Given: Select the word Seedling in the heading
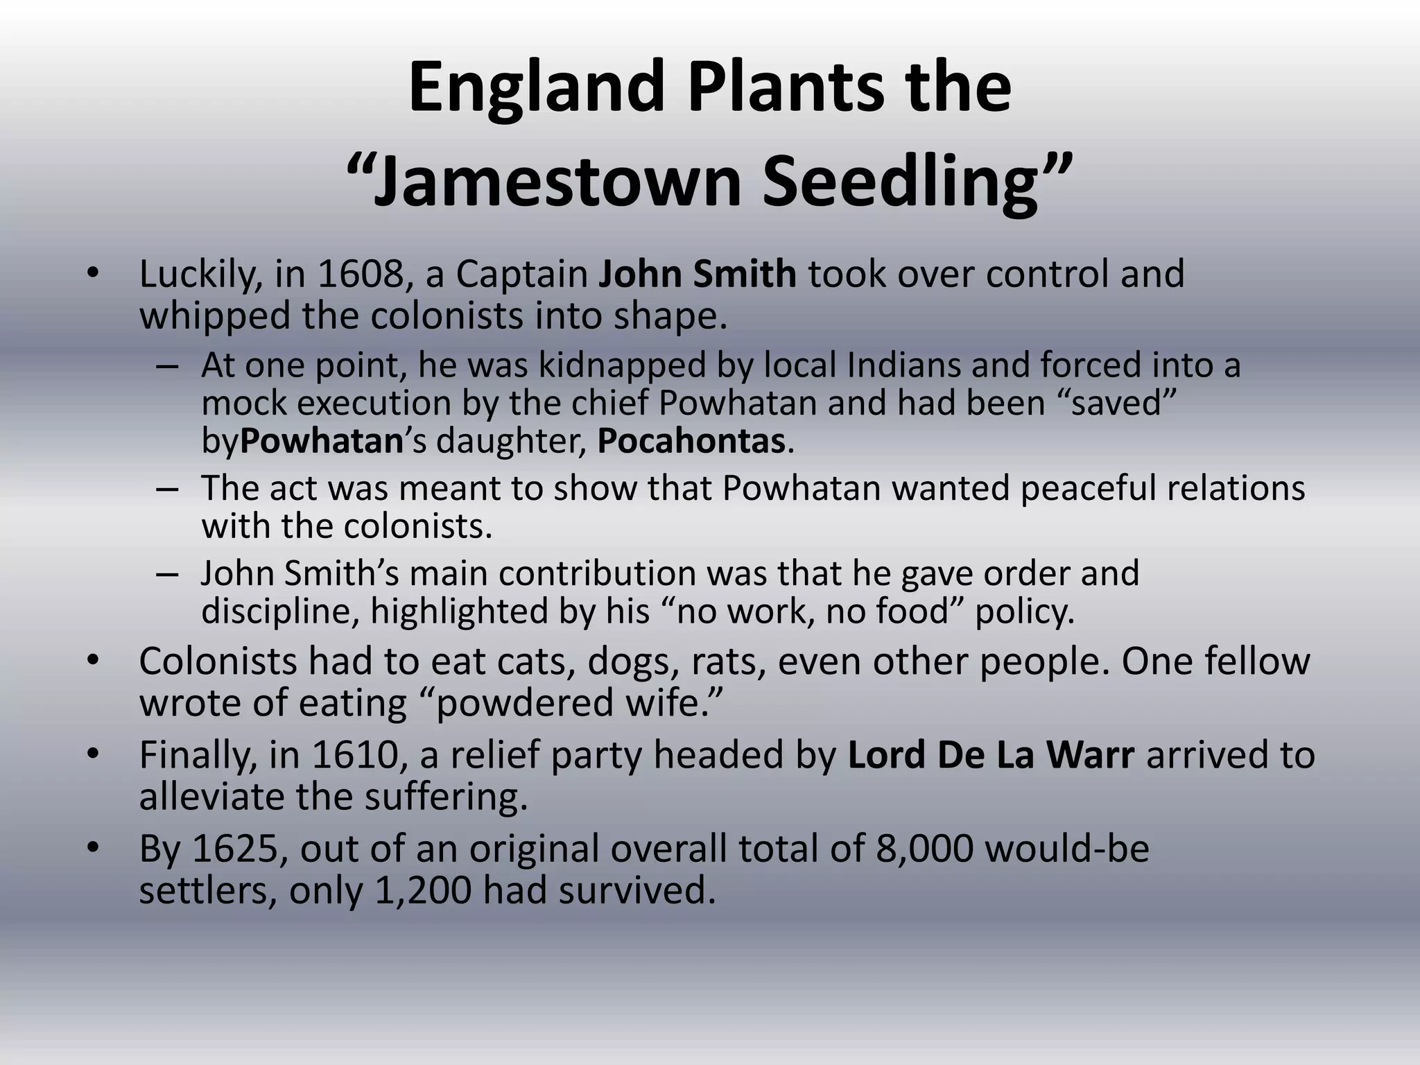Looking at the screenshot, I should (x=899, y=182).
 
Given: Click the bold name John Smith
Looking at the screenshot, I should (x=697, y=274).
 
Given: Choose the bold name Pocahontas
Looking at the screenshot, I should (x=691, y=441).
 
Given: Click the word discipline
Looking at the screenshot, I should (x=280, y=612).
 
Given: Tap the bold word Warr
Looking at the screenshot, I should (x=1091, y=755).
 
